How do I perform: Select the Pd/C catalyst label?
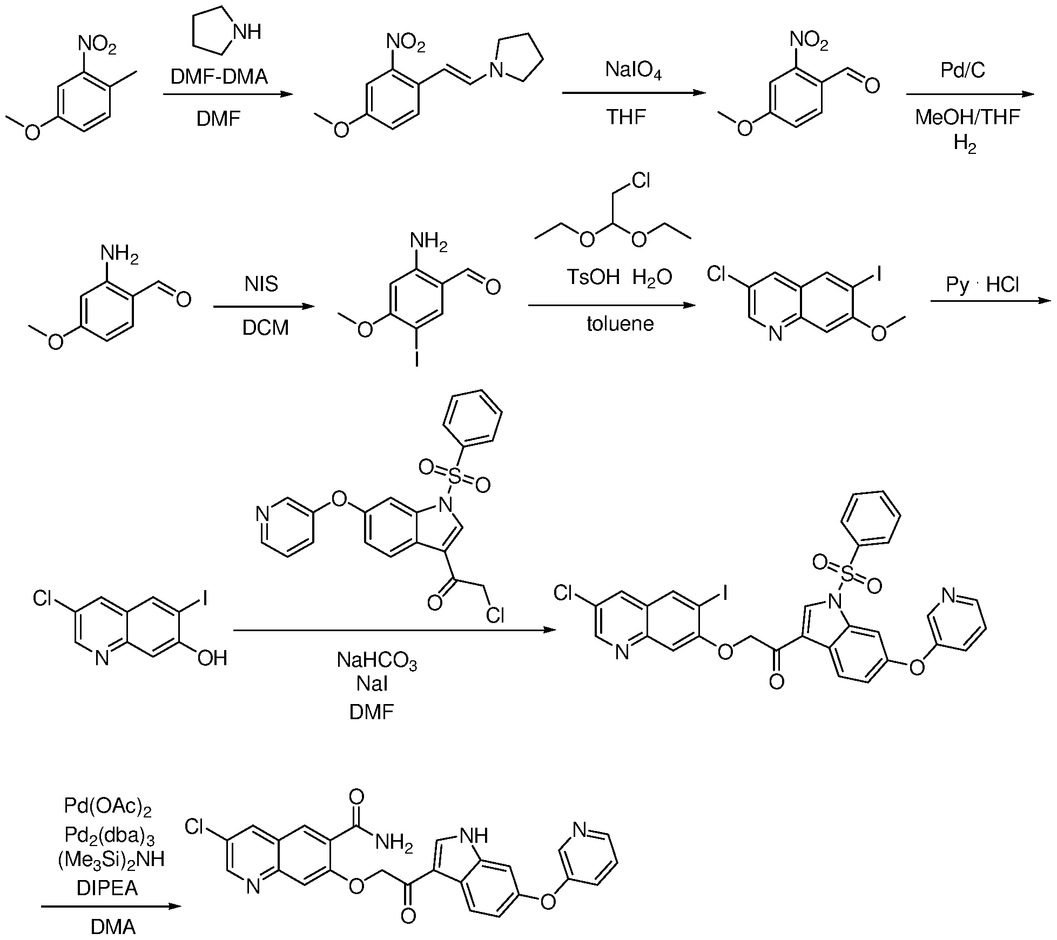[962, 71]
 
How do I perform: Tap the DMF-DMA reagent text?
[219, 77]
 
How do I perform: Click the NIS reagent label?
[261, 283]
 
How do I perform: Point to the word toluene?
[620, 324]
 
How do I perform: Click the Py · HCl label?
[982, 285]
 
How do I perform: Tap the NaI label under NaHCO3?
[372, 685]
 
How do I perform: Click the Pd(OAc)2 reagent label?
[107, 807]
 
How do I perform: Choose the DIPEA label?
[107, 888]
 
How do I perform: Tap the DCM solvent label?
[265, 327]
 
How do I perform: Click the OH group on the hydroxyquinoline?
[212, 658]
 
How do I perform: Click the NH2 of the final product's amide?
[393, 843]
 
